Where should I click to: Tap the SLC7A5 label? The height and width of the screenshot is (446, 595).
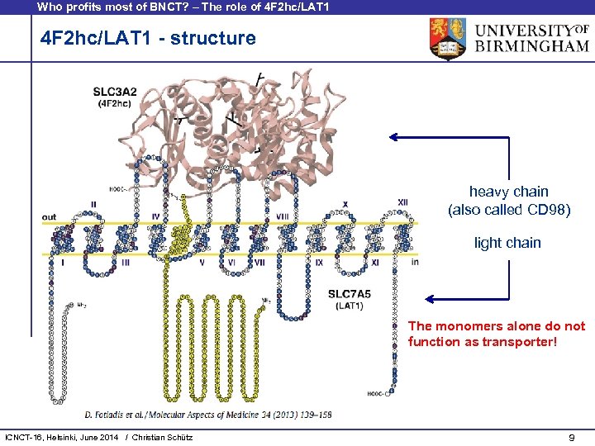[x=350, y=293]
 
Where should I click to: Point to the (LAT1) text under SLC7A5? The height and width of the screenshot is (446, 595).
[x=350, y=306]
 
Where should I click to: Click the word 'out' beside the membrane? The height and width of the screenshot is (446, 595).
[x=50, y=217]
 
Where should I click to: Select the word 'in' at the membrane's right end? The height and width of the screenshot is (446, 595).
[x=415, y=262]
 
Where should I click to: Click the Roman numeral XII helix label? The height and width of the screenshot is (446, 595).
[x=402, y=202]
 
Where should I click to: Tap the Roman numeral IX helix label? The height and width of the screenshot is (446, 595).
[x=319, y=262]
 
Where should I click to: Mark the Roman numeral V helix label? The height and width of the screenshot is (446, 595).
[x=202, y=262]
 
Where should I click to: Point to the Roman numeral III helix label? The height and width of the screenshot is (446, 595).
[x=125, y=262]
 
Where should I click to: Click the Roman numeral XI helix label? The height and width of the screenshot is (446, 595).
[x=374, y=262]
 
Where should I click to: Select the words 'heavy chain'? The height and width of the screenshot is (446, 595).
[x=508, y=192]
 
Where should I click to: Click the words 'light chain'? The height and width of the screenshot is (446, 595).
[x=507, y=243]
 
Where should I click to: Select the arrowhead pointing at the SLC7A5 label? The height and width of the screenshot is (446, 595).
[x=431, y=299]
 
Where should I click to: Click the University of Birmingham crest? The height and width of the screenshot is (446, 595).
[x=447, y=39]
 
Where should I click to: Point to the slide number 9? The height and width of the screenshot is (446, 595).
[x=572, y=436]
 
